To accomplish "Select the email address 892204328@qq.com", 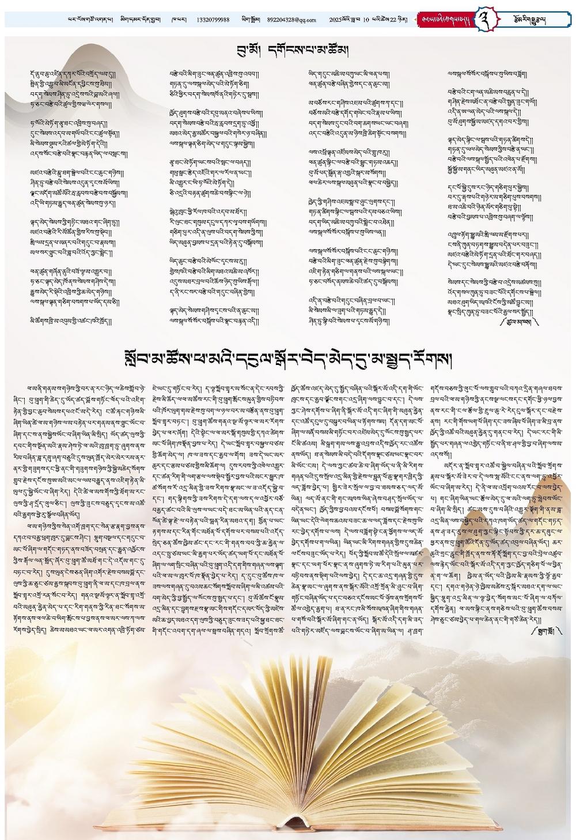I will [291, 20].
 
